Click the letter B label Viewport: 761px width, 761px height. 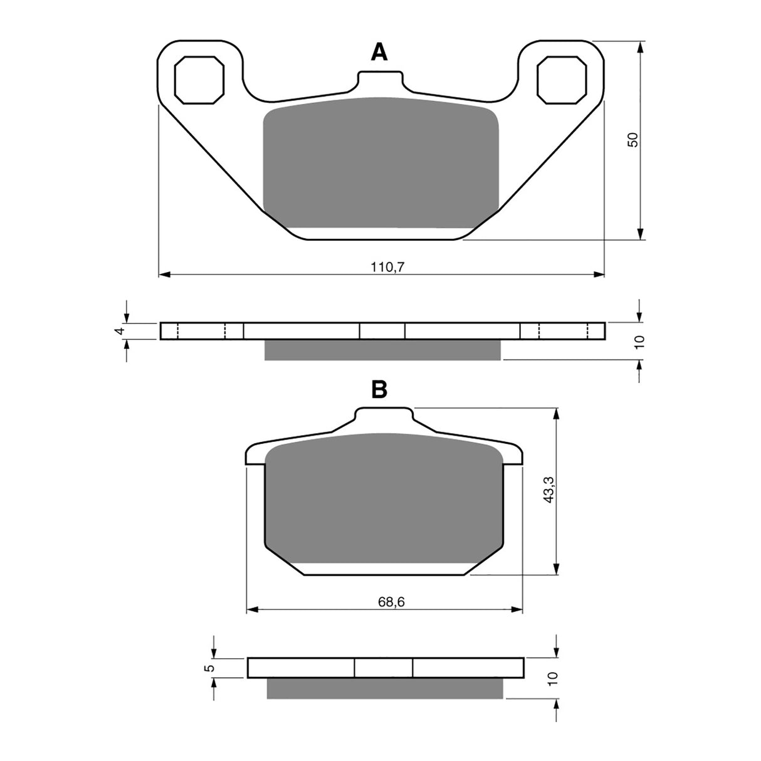tap(379, 390)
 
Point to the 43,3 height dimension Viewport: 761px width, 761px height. tap(549, 488)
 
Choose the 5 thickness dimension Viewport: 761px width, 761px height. tap(211, 668)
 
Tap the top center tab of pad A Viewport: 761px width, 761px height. tap(379, 82)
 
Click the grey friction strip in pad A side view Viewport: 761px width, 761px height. tap(382, 350)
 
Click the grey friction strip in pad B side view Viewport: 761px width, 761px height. tap(385, 688)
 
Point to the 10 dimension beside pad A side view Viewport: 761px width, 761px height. tap(639, 342)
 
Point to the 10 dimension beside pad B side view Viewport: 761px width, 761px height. tap(552, 678)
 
